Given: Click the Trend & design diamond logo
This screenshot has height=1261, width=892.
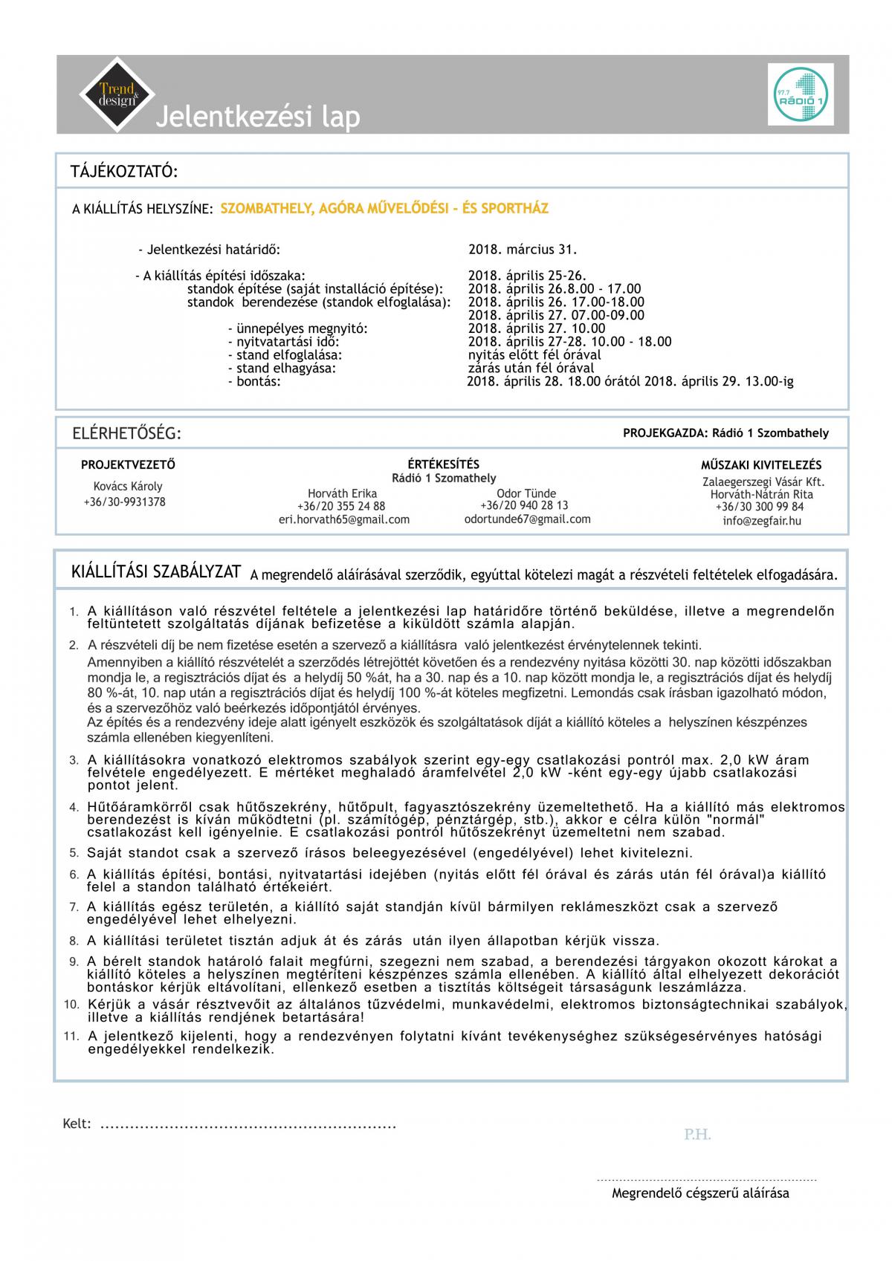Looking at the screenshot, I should point(117,94).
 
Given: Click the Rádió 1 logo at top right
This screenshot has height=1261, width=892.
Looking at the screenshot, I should point(801,94).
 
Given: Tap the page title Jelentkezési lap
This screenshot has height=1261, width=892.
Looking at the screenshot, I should point(257,117).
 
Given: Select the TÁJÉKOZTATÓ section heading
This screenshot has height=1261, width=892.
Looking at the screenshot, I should point(124,172).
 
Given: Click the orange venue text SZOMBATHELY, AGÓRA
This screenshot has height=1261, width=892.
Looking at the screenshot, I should point(384,209).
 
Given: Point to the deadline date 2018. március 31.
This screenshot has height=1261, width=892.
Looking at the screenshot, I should point(523,250).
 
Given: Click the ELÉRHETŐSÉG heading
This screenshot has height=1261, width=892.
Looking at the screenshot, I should point(126,434).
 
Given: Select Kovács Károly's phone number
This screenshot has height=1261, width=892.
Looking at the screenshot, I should point(124,502).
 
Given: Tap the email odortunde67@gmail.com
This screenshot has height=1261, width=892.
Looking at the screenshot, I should point(527,519).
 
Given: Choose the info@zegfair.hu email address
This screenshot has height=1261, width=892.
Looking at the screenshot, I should point(762,521).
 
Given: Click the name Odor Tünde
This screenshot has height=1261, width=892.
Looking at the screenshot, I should point(526,493).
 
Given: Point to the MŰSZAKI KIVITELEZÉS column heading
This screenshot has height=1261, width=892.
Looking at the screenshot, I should point(761,465).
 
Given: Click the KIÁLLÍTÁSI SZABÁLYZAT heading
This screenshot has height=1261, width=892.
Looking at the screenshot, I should point(156,572).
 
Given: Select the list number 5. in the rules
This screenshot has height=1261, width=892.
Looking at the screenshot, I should point(74,853).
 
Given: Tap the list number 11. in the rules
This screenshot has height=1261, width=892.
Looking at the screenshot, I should point(71,1037).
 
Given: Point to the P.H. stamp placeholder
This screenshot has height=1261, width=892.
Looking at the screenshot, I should point(697,1135).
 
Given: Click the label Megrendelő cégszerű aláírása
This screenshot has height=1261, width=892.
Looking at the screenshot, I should point(700,1193).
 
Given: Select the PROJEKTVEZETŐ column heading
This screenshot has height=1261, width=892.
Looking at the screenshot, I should point(128,465).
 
